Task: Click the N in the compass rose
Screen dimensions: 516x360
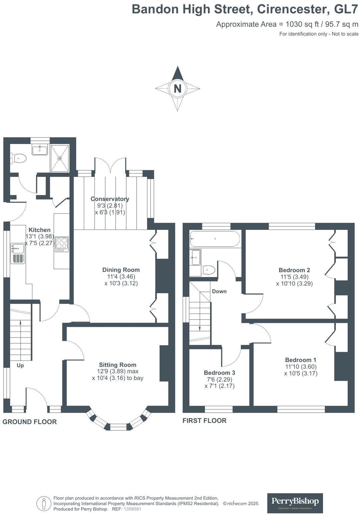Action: tap(177, 89)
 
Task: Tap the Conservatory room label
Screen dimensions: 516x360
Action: tap(110, 199)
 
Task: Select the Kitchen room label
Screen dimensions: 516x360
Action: tap(39, 230)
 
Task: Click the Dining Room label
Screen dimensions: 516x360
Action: tap(121, 270)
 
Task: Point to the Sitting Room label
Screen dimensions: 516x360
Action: tap(118, 365)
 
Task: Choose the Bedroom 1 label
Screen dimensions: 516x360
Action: tap(301, 360)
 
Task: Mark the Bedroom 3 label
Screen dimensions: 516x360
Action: tap(219, 373)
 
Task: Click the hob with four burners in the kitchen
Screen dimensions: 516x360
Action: tap(62, 244)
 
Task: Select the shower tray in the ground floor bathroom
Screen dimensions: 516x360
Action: tap(60, 158)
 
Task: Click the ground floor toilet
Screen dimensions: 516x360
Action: tap(18, 158)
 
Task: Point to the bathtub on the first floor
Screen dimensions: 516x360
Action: tap(215, 239)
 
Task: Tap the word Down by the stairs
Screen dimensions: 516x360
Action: tap(219, 291)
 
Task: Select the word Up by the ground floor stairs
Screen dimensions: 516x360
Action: tap(20, 365)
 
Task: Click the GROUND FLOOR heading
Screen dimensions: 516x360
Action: tap(30, 422)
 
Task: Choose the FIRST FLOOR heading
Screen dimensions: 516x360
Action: tap(204, 421)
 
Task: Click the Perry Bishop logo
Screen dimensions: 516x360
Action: tap(295, 503)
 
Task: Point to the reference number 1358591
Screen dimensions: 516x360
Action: tap(133, 509)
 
